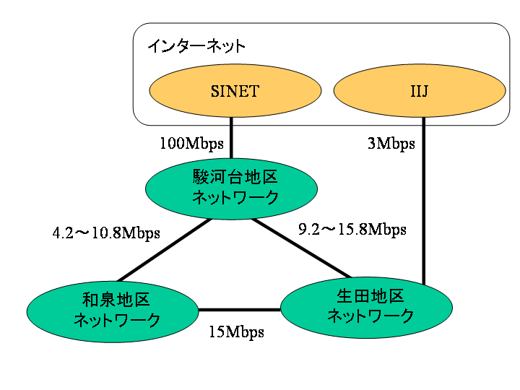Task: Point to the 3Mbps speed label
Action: pyautogui.click(x=391, y=143)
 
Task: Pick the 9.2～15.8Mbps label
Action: pyautogui.click(x=352, y=230)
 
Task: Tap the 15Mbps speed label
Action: pyautogui.click(x=236, y=332)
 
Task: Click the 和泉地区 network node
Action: pyautogui.click(x=113, y=309)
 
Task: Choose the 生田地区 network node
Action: pyautogui.click(x=366, y=306)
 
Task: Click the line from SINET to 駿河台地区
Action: pyautogui.click(x=231, y=138)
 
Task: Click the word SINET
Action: pyautogui.click(x=235, y=91)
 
